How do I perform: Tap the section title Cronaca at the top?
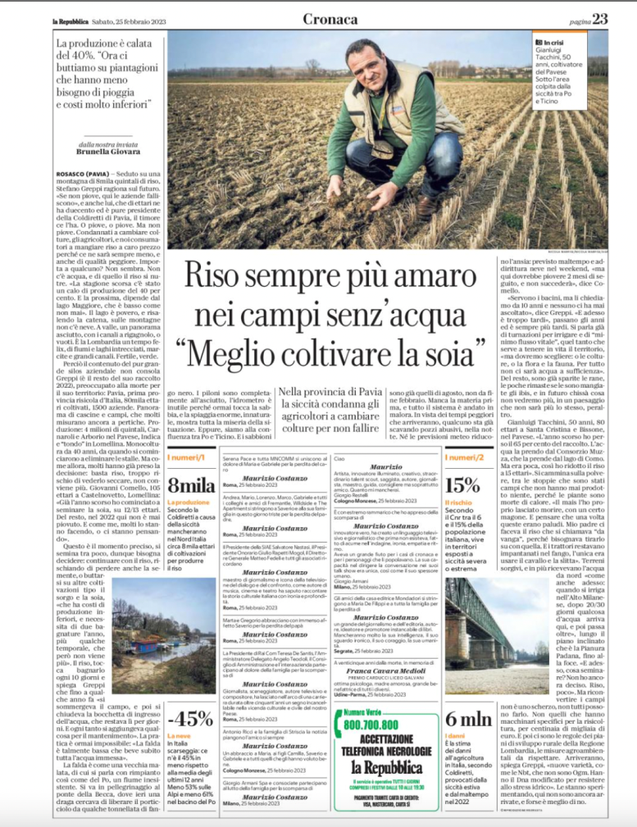coord(331,18)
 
